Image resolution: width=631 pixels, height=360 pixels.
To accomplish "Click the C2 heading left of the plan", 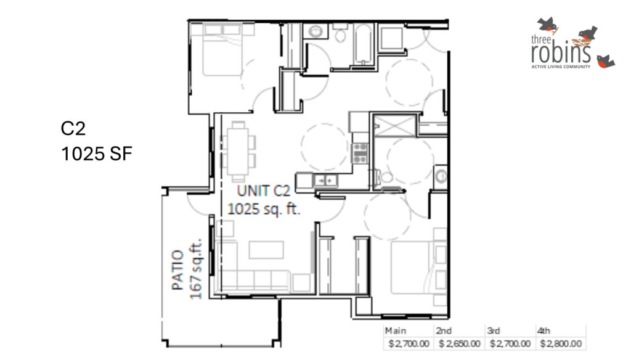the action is [73, 128].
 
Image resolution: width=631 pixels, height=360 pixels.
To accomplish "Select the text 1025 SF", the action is [97, 154].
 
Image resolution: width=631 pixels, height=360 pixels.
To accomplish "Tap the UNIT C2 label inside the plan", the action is [263, 190].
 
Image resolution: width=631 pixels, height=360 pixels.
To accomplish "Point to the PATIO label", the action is [177, 270].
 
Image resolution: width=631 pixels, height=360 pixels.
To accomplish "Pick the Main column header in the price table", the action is [395, 330].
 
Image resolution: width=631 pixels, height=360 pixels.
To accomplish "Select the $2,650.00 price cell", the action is [459, 343].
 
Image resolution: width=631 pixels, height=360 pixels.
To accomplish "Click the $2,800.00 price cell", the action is [561, 343].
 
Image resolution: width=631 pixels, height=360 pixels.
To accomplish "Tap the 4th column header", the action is [543, 330].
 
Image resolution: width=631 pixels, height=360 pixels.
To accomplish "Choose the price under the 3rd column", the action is [510, 343].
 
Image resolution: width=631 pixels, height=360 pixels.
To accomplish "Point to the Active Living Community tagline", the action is [561, 67].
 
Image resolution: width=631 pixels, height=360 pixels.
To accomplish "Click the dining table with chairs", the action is [238, 152].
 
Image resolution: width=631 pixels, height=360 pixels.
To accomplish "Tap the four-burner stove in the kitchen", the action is [360, 153].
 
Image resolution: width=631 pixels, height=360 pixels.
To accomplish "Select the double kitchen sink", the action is [325, 181].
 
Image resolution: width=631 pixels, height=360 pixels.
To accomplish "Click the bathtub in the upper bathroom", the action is [364, 44].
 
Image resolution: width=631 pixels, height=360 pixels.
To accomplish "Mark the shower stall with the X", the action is [395, 126].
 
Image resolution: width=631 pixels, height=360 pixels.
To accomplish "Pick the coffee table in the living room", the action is [266, 250].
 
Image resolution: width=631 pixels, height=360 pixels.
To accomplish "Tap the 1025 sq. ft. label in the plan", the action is [264, 208].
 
